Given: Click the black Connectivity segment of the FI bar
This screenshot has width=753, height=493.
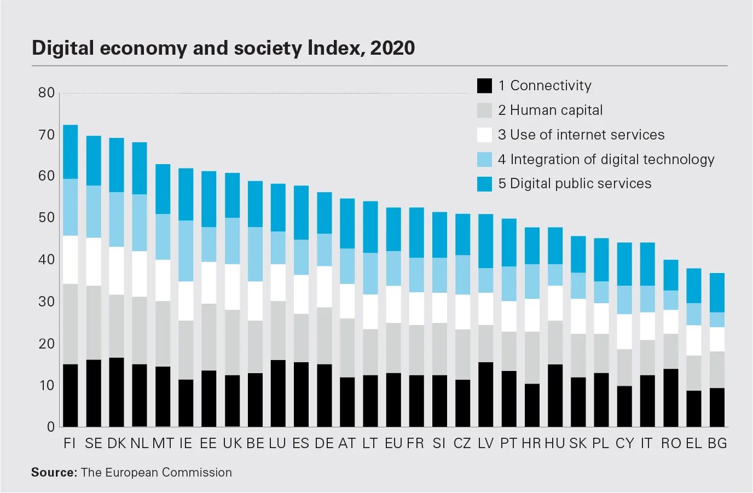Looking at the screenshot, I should coord(70,395).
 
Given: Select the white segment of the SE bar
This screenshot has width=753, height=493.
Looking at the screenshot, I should coord(94,262).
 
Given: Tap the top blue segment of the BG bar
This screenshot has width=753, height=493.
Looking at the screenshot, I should coord(717,293).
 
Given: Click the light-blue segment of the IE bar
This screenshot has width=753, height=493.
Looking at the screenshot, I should coord(186,251).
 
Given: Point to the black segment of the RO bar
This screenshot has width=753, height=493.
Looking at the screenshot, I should coord(671,398).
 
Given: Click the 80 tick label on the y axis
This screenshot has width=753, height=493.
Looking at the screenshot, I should coord(47,92).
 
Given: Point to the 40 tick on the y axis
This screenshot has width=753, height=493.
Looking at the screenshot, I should coord(47,259).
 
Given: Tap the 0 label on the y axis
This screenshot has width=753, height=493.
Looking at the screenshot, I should coord(51,427).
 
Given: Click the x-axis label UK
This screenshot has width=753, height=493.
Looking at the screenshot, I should coord(232,443).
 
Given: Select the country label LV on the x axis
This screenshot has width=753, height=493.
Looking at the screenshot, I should coord(485,443).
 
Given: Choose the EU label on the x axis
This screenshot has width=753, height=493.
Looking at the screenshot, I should coord(393,443).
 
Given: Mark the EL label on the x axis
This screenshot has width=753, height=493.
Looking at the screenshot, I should coord(694,443).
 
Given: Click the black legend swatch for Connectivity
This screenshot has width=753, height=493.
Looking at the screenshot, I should coord(484,86).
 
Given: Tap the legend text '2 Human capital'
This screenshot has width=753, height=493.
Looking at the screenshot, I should coord(550,110).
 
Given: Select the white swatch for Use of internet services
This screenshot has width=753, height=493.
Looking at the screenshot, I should coord(484,135).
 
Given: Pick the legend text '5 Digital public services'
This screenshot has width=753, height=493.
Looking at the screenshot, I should coord(575,183).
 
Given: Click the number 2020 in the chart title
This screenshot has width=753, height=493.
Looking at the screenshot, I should coord(392,48).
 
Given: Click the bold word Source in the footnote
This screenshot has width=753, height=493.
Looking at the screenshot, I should coord(54,472).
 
